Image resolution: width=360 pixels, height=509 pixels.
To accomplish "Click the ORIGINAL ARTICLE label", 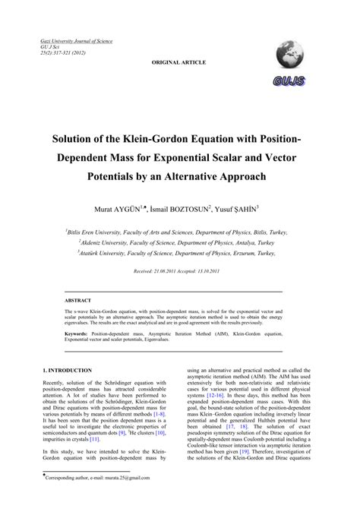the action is [x=179, y=62].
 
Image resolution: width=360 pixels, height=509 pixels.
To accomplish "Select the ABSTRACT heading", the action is [x=77, y=300].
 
